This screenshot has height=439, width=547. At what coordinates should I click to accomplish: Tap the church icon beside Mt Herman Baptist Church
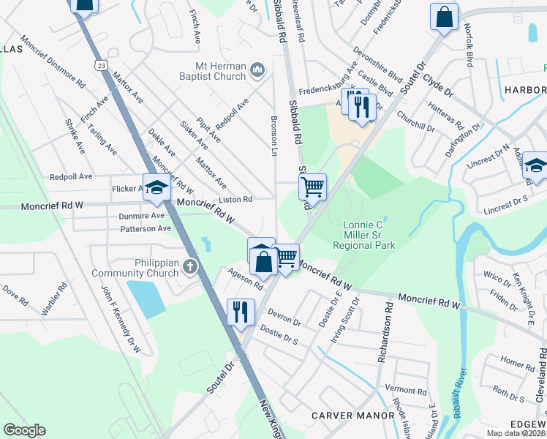(257, 70)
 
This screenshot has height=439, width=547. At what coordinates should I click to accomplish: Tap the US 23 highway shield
(102, 66)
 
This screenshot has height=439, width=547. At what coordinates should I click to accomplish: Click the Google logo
(24, 430)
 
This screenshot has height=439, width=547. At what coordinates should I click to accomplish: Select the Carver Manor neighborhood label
(353, 415)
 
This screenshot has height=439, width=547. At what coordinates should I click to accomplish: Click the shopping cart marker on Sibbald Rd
(312, 187)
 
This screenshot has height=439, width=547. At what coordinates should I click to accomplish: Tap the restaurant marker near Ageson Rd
(240, 311)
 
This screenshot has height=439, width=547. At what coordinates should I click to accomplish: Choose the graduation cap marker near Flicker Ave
(156, 188)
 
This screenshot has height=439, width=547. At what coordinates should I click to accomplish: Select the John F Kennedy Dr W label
(120, 318)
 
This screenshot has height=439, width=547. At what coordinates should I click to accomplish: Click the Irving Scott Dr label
(340, 316)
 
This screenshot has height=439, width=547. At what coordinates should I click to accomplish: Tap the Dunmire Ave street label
(142, 216)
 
